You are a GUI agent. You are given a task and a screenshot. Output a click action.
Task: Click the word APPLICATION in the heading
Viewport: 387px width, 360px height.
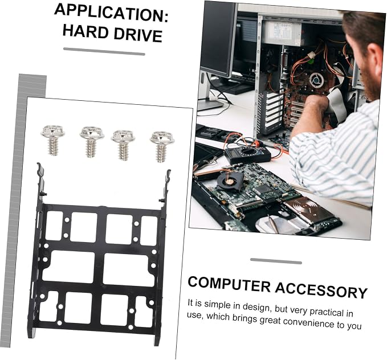point(111,13)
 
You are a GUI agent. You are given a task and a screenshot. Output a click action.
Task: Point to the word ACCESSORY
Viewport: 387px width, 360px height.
point(321,290)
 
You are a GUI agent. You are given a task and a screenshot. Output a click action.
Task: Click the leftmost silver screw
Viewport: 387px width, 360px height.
point(52,140)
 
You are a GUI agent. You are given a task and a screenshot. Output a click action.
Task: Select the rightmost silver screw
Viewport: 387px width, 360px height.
point(162,146)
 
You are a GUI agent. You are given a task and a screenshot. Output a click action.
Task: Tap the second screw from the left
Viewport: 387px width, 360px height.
point(92,142)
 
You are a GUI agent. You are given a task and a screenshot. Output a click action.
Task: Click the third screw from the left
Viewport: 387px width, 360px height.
point(123,145)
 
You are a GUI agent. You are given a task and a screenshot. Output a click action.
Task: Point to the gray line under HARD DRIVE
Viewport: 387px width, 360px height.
point(104,51)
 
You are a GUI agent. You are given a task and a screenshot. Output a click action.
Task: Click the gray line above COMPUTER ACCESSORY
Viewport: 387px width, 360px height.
point(276,261)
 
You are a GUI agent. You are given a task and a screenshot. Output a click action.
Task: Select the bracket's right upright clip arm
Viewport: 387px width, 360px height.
point(165,186)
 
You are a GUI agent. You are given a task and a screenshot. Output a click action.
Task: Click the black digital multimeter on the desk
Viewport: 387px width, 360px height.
point(247,154)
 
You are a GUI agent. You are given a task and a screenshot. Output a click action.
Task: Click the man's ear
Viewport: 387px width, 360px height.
point(376,57)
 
